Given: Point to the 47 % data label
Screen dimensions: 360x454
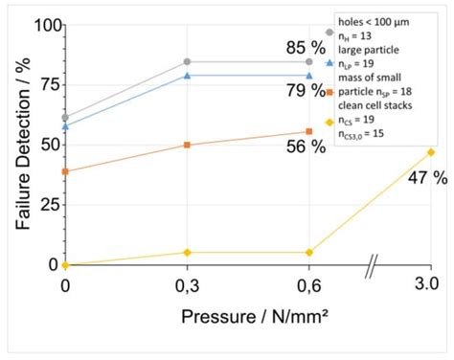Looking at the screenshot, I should pyautogui.click(x=427, y=178).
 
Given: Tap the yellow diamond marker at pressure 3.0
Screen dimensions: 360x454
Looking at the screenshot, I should pyautogui.click(x=430, y=152).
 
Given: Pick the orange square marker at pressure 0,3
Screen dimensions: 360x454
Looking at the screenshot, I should pyautogui.click(x=187, y=145).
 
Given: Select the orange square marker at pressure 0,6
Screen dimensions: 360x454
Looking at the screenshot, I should pyautogui.click(x=308, y=131).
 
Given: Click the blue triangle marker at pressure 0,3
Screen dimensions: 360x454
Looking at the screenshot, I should pyautogui.click(x=187, y=76).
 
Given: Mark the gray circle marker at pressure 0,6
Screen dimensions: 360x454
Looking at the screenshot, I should pyautogui.click(x=308, y=61).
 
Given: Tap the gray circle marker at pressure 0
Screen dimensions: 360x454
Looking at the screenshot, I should pyautogui.click(x=65, y=117).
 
